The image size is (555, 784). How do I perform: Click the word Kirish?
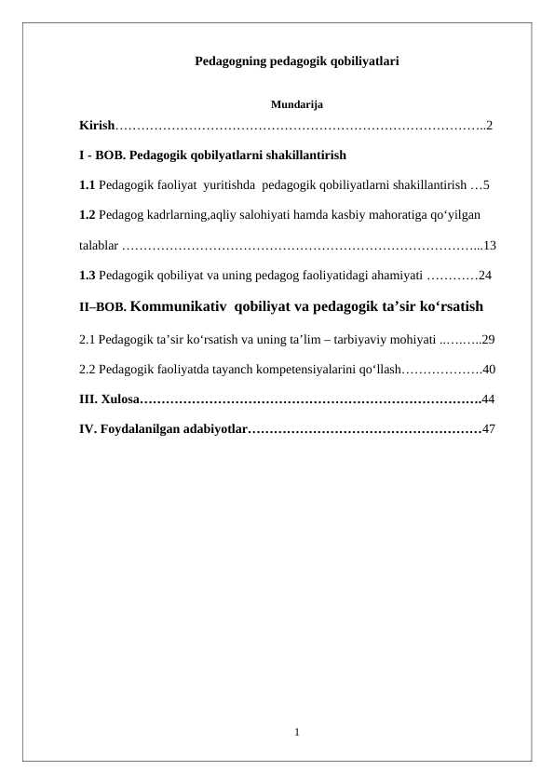(x=96, y=125)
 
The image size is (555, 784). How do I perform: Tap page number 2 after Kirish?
(x=489, y=125)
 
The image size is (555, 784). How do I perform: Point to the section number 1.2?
(x=88, y=215)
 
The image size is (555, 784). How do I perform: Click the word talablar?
(x=98, y=246)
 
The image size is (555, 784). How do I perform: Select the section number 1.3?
(x=88, y=276)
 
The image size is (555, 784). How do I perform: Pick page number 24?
(x=485, y=276)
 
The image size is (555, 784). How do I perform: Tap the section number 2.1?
(x=88, y=339)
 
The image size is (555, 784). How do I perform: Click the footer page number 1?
(x=296, y=732)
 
